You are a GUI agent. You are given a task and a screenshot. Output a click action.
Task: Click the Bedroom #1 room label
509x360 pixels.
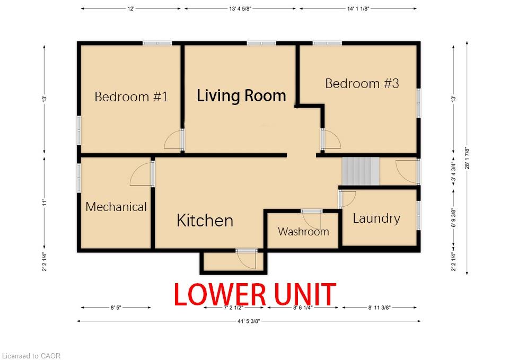click(x=131, y=96)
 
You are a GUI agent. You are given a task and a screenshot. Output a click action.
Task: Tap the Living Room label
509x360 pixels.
click(x=242, y=95)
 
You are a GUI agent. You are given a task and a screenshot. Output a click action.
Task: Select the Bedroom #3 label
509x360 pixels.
click(x=362, y=83)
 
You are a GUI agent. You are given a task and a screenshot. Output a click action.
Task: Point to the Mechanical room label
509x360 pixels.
click(x=116, y=207)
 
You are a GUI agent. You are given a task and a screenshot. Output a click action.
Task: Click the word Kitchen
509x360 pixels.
click(x=205, y=221)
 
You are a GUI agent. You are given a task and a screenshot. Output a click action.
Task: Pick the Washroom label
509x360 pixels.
click(x=303, y=232)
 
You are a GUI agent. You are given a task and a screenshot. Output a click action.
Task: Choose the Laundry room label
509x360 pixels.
click(x=376, y=218)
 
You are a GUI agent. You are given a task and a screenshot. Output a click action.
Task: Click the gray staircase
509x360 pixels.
click(x=361, y=171)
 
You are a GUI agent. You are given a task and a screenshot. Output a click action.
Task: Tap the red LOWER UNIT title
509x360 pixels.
click(x=255, y=294)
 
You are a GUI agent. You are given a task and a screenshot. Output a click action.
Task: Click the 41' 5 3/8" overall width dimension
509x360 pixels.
click(x=249, y=321)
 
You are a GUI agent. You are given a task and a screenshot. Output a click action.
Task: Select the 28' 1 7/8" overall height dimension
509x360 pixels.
click(x=467, y=158)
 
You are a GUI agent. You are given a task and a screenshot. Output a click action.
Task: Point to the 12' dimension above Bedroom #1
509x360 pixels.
click(x=130, y=9)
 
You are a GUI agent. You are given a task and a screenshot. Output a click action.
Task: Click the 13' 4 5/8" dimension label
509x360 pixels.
click(x=240, y=9)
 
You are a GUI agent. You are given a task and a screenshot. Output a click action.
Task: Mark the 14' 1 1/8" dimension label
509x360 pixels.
click(x=358, y=9)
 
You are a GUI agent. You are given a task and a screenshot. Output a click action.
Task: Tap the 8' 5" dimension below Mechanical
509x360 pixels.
click(x=116, y=308)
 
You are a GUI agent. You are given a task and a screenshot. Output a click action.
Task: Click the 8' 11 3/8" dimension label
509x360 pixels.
click(x=379, y=308)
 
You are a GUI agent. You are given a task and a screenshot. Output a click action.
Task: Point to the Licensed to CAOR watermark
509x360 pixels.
click(x=31, y=356)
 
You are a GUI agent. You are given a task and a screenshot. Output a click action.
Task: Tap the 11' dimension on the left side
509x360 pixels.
click(x=45, y=203)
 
